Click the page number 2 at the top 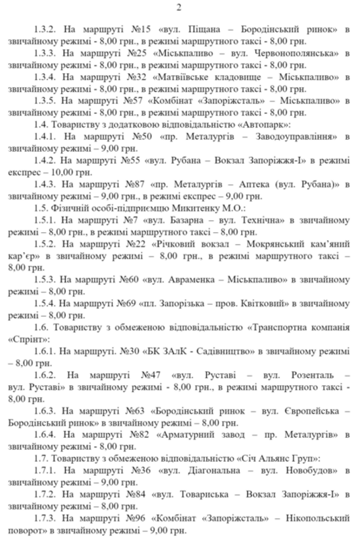tap(180, 7)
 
